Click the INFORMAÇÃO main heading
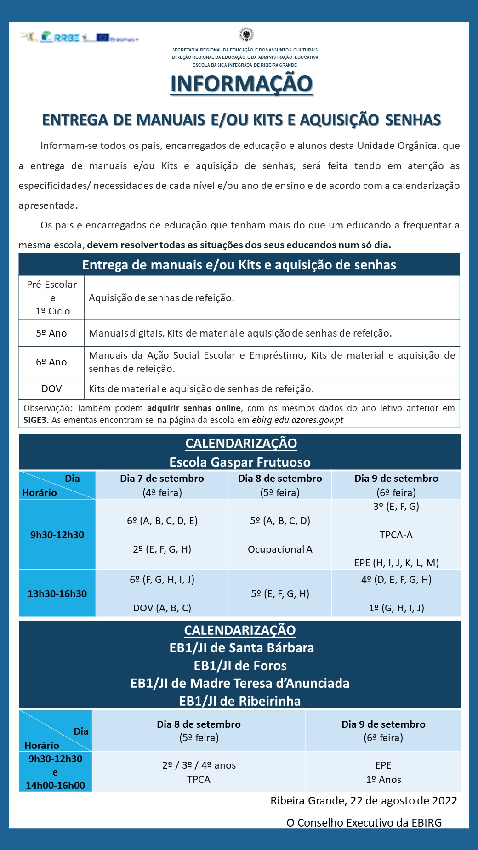pyautogui.click(x=241, y=84)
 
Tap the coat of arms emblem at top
pyautogui.click(x=246, y=35)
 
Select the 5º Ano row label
pyautogui.click(x=51, y=333)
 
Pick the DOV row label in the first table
pyautogui.click(x=51, y=389)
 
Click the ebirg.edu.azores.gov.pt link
pyautogui.click(x=297, y=420)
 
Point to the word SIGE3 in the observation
pyautogui.click(x=35, y=420)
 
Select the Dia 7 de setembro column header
pyautogui.click(x=162, y=479)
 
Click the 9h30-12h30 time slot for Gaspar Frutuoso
pyautogui.click(x=57, y=535)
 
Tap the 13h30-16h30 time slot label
pyautogui.click(x=57, y=593)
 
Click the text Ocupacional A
pyautogui.click(x=280, y=549)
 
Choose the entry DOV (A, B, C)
pyautogui.click(x=162, y=608)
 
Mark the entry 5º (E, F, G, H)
pyautogui.click(x=280, y=594)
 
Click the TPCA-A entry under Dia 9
pyautogui.click(x=396, y=535)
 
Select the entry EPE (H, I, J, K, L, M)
pyautogui.click(x=396, y=563)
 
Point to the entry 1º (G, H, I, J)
pyautogui.click(x=396, y=608)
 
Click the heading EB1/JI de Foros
pyautogui.click(x=240, y=666)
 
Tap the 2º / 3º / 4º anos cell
pyautogui.click(x=199, y=765)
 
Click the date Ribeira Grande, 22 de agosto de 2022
pyautogui.click(x=364, y=801)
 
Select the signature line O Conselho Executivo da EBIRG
pyautogui.click(x=364, y=823)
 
